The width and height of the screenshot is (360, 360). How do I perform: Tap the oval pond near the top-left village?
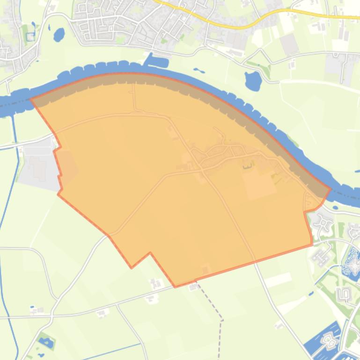click(59, 34)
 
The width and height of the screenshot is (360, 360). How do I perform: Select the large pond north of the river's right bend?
click(253, 80)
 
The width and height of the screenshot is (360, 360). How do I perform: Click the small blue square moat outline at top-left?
click(31, 36)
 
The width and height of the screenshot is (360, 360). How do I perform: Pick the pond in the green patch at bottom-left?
click(46, 343)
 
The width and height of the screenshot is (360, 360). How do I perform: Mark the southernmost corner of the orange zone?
click(176, 287)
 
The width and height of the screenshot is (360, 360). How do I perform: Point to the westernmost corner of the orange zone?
click(31, 99)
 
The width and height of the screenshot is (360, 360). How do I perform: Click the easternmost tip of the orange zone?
click(331, 189)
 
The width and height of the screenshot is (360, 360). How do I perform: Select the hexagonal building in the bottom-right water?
click(330, 340)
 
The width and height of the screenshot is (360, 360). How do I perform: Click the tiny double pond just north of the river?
click(198, 71)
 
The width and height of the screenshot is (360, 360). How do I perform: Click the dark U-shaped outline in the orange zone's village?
click(247, 165)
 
